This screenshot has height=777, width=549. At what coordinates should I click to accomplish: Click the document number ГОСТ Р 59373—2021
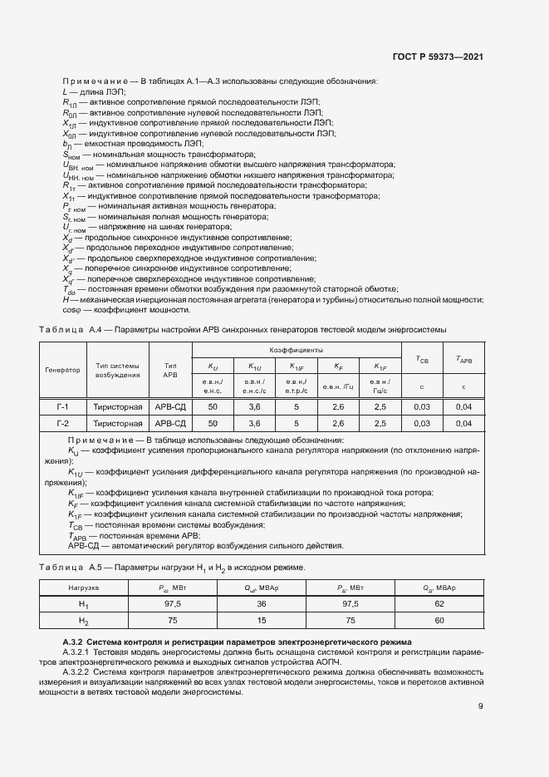click(438, 57)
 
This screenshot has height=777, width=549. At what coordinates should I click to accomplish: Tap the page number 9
click(480, 706)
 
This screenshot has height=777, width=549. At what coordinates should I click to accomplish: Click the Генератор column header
click(63, 369)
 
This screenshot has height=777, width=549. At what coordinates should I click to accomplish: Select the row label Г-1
click(63, 406)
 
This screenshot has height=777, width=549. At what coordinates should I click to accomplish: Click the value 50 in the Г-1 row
click(213, 406)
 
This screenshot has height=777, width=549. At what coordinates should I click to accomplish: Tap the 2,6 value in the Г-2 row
click(338, 423)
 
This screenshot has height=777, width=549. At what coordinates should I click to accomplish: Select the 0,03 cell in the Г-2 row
click(422, 423)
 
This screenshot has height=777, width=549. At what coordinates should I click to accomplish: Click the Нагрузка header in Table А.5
click(83, 588)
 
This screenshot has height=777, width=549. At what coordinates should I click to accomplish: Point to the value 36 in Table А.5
click(261, 603)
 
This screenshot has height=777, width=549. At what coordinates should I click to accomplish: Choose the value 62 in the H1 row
click(439, 603)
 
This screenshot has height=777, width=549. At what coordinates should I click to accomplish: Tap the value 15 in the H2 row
click(261, 620)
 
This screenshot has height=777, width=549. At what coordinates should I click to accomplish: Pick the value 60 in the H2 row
click(439, 620)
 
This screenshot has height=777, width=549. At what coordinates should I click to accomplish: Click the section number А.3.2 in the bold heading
click(77, 642)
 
